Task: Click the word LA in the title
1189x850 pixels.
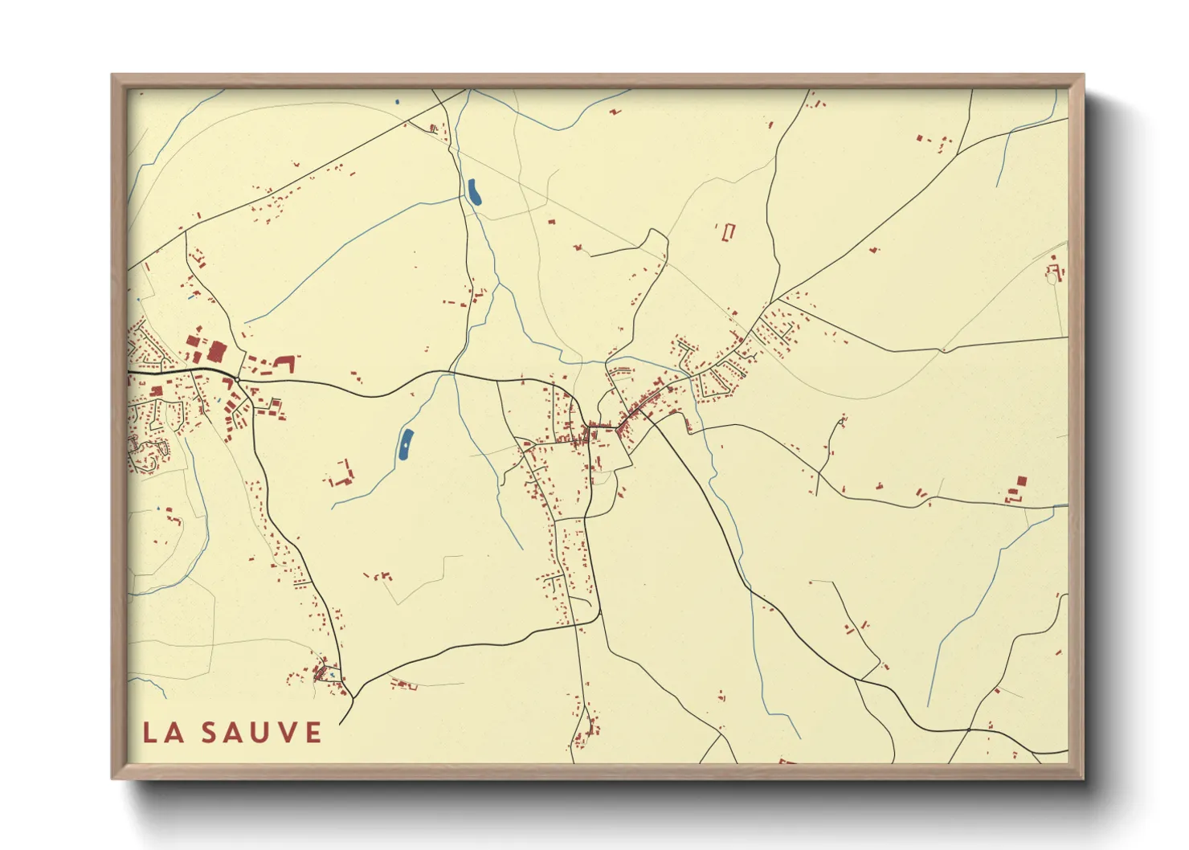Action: click(162, 733)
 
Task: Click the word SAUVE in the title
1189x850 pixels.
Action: click(261, 733)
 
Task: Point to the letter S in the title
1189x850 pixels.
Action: click(209, 733)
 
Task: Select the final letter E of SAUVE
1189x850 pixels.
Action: click(313, 733)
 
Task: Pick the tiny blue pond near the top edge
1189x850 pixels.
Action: click(397, 102)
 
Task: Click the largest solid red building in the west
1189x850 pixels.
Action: click(217, 352)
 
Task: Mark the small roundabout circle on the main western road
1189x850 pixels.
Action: click(238, 378)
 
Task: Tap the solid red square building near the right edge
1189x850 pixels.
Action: click(1021, 480)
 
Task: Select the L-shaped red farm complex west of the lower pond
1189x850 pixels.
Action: click(345, 476)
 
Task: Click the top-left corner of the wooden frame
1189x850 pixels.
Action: click(112, 76)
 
